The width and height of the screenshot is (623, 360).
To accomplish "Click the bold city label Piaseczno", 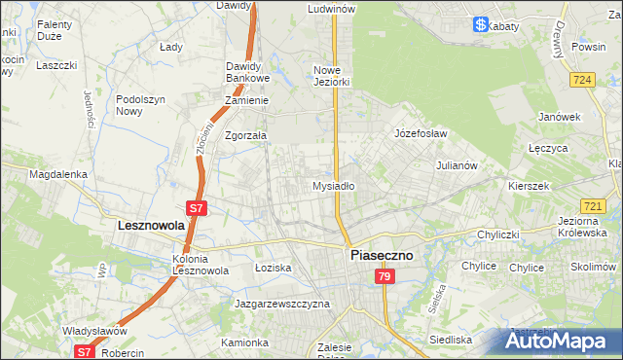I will click(x=382, y=255).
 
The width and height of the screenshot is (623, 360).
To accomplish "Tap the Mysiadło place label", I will click(x=332, y=185).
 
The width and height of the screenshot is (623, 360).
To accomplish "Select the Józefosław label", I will click(x=420, y=132).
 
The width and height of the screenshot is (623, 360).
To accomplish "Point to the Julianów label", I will click(x=456, y=165).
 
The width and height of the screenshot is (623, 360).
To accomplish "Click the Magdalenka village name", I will click(x=58, y=174).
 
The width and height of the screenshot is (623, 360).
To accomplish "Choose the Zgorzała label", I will click(x=245, y=136).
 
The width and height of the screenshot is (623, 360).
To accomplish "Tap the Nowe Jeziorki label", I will click(x=331, y=76).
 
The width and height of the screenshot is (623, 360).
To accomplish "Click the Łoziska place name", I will click(x=273, y=267).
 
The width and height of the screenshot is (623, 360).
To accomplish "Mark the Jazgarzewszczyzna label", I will click(x=282, y=304).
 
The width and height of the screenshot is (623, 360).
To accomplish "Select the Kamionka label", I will click(x=243, y=342).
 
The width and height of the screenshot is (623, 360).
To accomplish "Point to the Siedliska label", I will click(x=451, y=340).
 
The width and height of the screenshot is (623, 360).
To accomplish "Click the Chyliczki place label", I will click(x=501, y=235).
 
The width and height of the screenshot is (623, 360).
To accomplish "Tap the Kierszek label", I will click(x=530, y=185).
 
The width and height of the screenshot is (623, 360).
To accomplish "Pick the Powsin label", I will click(x=589, y=46).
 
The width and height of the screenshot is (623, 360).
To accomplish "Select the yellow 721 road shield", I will click(x=593, y=206).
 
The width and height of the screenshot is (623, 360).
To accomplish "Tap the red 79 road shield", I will click(x=385, y=277).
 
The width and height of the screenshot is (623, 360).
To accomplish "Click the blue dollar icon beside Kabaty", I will click(x=481, y=25).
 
